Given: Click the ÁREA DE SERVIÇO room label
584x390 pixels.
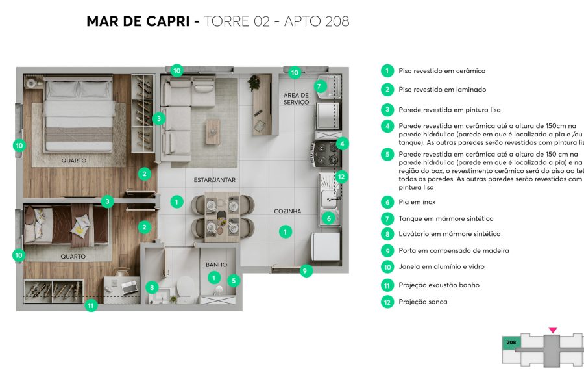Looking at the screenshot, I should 296,99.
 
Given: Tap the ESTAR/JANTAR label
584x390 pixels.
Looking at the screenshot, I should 214,179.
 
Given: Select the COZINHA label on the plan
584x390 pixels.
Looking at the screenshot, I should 287,211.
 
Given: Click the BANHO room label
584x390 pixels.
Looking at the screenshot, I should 216,265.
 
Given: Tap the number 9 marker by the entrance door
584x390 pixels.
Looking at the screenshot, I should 306,270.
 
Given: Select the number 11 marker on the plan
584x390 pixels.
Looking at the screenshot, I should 91,304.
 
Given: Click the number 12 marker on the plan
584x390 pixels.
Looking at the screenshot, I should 342,176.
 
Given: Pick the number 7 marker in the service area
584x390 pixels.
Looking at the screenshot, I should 319,86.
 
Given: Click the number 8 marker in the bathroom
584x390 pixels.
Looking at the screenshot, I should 152,287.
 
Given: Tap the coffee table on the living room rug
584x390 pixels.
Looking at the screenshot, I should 213,131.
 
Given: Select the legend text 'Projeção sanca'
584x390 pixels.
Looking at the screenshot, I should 422,302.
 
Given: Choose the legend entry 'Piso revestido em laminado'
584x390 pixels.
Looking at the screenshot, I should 442,90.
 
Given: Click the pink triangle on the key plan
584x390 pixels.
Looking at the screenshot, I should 552,330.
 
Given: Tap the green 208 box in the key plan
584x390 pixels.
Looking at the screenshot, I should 510,341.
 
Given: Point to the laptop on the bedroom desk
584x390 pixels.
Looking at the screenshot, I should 129,285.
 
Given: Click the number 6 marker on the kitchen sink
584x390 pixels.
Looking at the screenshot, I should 329,219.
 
